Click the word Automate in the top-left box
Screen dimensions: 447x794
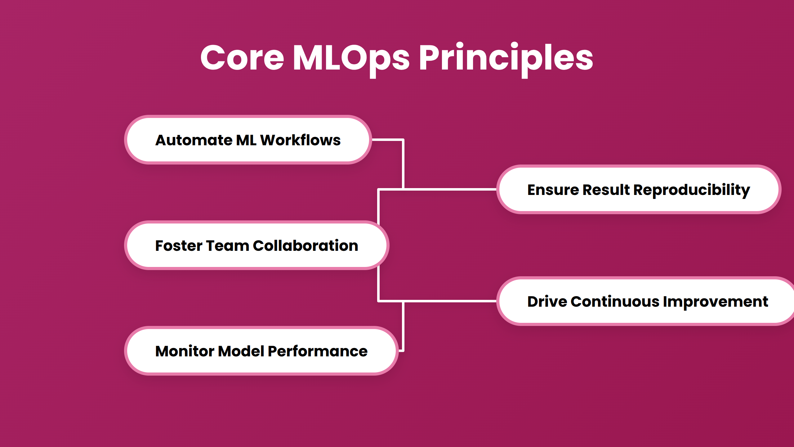point(194,140)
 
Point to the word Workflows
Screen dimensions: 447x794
point(300,140)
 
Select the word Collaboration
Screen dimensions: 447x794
point(305,246)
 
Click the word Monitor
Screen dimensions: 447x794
point(185,351)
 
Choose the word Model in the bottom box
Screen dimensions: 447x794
point(241,351)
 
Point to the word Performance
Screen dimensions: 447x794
point(318,351)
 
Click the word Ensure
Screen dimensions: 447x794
point(553,190)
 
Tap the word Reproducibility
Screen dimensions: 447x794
point(691,190)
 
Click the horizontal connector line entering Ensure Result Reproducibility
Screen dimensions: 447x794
point(450,189)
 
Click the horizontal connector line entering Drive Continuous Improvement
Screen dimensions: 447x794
point(450,301)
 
